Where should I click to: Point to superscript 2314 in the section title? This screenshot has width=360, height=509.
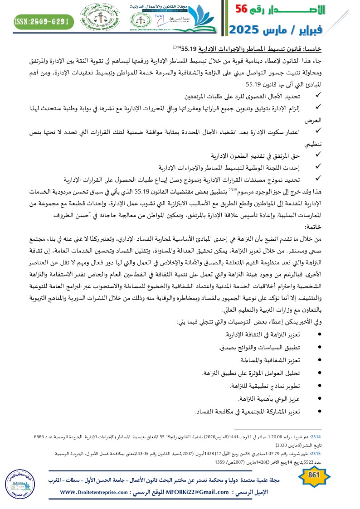(177, 45)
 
